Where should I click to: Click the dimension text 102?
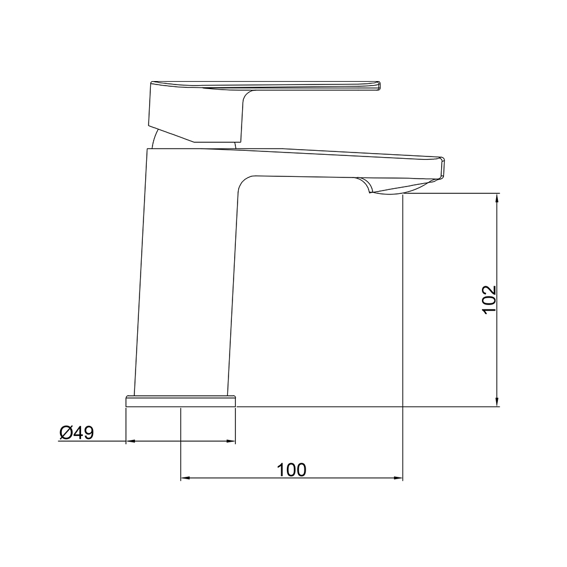click(489, 300)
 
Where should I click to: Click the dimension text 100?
click(291, 469)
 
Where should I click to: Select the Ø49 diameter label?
click(77, 433)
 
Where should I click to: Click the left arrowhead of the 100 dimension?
click(185, 479)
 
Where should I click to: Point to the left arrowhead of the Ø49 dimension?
click(130, 441)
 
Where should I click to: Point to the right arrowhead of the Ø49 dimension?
click(231, 441)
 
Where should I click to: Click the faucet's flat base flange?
click(181, 401)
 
